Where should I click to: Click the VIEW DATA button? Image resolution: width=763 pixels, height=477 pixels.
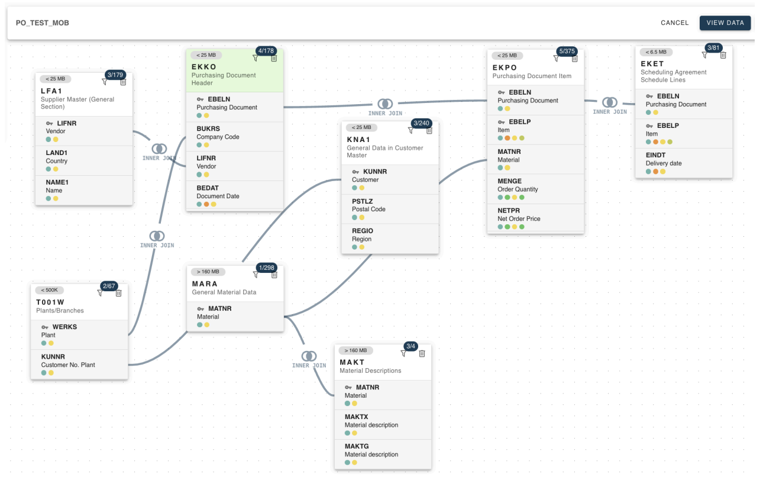pyautogui.click(x=725, y=23)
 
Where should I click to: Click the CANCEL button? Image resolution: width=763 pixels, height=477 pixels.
pyautogui.click(x=674, y=23)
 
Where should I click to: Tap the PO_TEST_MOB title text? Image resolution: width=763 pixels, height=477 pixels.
pyautogui.click(x=42, y=23)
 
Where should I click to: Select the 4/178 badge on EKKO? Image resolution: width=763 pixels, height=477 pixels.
pyautogui.click(x=266, y=51)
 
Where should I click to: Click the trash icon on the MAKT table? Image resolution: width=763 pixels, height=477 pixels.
pyautogui.click(x=422, y=354)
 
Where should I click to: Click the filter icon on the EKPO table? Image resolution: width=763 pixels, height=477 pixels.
pyautogui.click(x=556, y=59)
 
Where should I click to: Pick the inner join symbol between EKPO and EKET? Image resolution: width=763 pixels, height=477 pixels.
pyautogui.click(x=610, y=102)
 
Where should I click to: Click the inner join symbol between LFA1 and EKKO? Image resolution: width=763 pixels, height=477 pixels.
pyautogui.click(x=159, y=149)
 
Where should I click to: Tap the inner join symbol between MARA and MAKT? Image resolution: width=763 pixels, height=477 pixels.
pyautogui.click(x=309, y=356)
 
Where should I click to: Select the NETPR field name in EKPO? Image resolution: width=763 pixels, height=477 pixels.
pyautogui.click(x=509, y=211)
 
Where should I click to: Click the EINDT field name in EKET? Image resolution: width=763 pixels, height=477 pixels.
pyautogui.click(x=655, y=155)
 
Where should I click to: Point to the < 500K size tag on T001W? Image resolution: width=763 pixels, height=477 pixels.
pyautogui.click(x=50, y=290)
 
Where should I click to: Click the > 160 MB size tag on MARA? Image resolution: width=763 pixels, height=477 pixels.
pyautogui.click(x=208, y=272)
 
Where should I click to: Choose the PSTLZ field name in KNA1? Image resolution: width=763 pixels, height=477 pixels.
pyautogui.click(x=363, y=201)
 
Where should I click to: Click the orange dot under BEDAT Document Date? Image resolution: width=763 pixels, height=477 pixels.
pyautogui.click(x=206, y=204)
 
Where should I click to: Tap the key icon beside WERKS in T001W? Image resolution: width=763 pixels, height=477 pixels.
pyautogui.click(x=44, y=327)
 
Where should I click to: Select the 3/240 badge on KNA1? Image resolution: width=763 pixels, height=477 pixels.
pyautogui.click(x=421, y=123)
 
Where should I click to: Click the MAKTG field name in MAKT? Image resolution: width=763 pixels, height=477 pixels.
pyautogui.click(x=357, y=446)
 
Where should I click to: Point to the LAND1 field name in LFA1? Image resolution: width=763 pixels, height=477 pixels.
pyautogui.click(x=57, y=153)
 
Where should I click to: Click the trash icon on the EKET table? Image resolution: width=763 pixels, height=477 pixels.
pyautogui.click(x=723, y=55)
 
